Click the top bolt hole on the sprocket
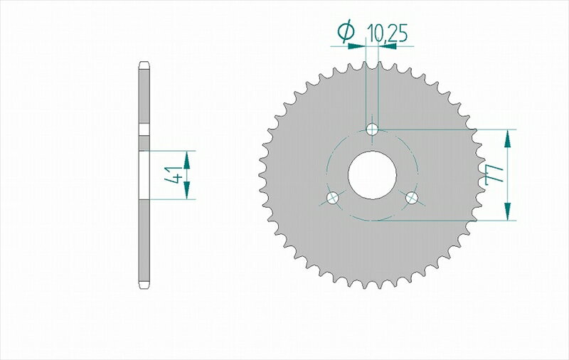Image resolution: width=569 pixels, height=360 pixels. [372, 129]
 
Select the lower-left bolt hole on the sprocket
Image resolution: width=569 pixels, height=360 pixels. [331, 198]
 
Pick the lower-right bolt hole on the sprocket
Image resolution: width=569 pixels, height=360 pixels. [412, 198]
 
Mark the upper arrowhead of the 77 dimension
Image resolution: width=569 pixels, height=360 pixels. [508, 139]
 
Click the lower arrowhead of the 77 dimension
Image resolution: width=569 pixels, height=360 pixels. [508, 211]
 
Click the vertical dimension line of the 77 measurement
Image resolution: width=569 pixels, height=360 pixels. [508, 174]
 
